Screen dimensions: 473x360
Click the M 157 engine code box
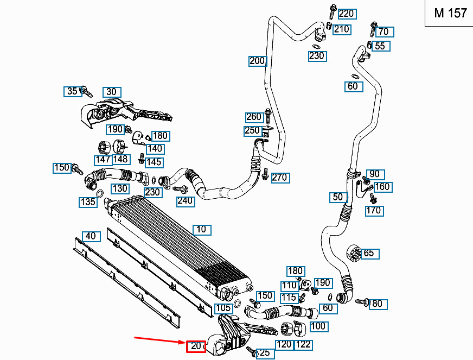[449, 13]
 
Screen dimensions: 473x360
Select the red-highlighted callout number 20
[196, 346]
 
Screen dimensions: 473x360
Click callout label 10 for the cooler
[201, 230]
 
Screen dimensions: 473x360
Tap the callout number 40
[91, 236]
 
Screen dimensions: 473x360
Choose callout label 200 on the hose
[257, 61]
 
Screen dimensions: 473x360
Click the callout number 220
[347, 14]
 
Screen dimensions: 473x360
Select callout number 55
[380, 46]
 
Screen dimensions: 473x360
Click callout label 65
[369, 254]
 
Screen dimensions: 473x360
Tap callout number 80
[378, 304]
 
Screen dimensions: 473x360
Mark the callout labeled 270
[280, 178]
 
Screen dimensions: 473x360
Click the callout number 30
[112, 92]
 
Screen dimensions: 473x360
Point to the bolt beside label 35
[87, 92]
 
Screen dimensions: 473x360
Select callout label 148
[122, 160]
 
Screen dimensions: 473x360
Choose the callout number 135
[88, 202]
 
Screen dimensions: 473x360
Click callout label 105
[224, 308]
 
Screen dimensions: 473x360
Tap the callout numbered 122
[303, 345]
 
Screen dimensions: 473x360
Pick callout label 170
[374, 211]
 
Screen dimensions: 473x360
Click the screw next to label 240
[181, 189]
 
